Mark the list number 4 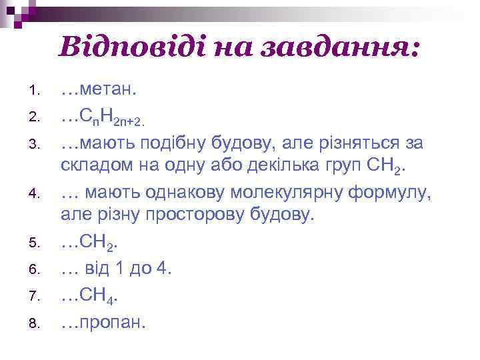[35, 195]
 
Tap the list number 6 [35, 269]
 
